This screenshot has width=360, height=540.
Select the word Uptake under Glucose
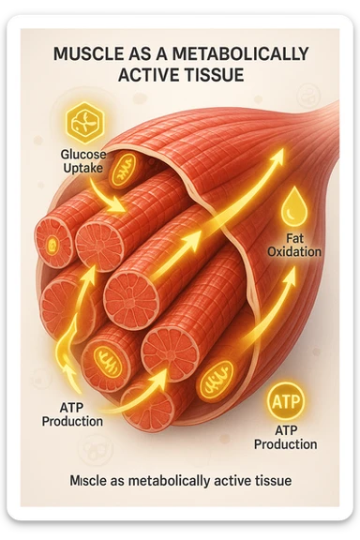click(x=85, y=168)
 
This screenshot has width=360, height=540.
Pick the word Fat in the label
click(x=294, y=238)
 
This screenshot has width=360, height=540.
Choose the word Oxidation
click(x=294, y=252)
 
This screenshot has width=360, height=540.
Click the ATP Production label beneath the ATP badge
click(x=285, y=438)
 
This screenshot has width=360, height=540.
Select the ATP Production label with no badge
click(x=72, y=415)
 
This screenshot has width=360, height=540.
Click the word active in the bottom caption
click(x=228, y=481)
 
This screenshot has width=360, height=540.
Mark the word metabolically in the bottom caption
click(x=169, y=481)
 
